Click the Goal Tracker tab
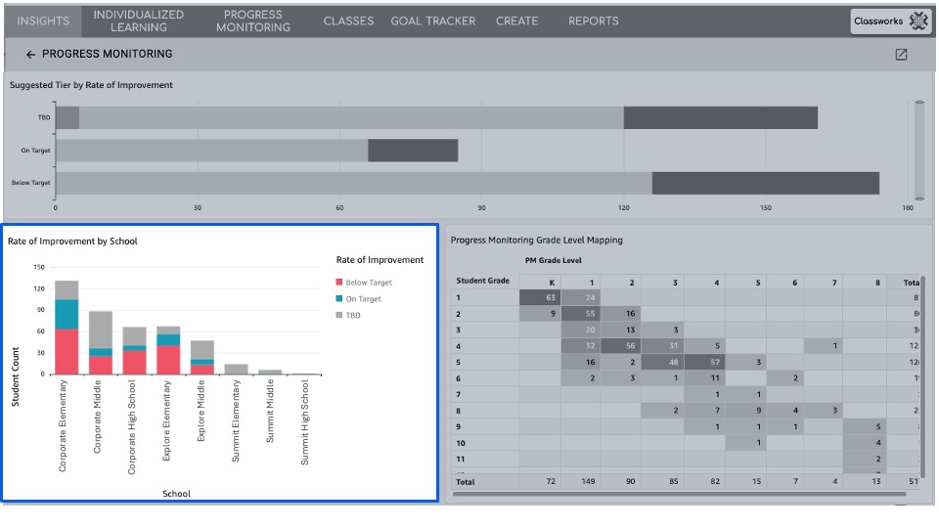432,21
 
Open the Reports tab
593,21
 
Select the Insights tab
43,21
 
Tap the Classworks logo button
890,21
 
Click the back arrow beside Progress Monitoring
30,55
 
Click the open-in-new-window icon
901,55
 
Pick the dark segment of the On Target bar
413,151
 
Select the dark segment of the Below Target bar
765,183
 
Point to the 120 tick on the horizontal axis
623,208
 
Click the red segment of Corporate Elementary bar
67,351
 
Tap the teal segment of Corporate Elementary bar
67,314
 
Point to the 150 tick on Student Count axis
39,267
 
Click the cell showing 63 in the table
551,297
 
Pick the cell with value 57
717,362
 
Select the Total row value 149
591,482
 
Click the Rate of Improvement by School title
72,241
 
